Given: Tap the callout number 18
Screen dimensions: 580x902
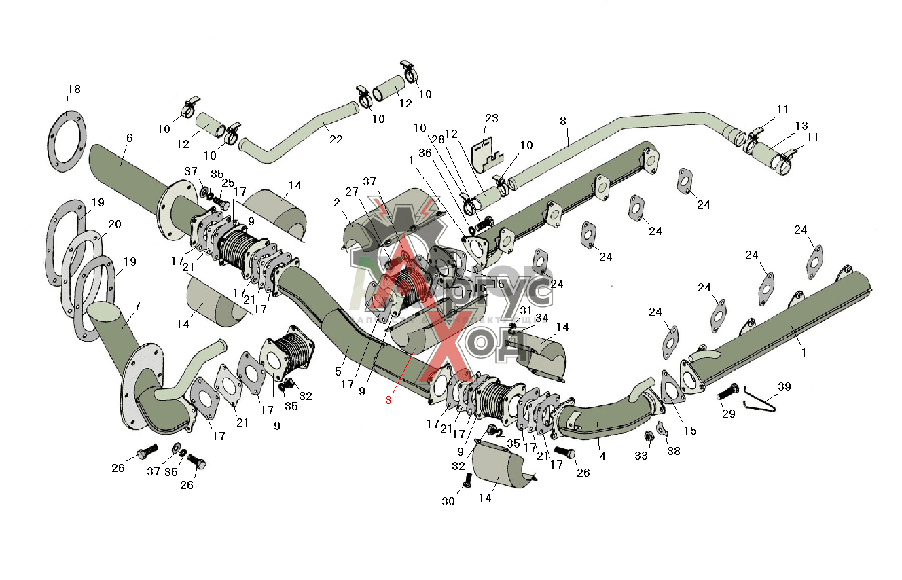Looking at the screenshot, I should point(73,89).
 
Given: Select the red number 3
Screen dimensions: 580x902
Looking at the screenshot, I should point(389,400).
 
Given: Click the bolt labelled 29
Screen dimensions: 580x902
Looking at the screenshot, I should point(727,392).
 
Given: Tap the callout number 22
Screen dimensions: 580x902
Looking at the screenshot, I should point(336,139).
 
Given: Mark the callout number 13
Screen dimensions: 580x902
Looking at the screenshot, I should point(802,126).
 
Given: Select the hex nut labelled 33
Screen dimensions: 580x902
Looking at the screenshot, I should point(648,435).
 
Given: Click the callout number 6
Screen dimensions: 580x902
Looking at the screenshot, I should point(129,138).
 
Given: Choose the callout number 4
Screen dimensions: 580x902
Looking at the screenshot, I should point(602,456).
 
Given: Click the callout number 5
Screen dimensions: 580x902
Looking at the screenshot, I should point(338,371).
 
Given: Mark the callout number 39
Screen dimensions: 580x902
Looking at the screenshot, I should point(784,386).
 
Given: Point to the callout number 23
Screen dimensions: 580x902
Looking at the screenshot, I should point(491,118).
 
